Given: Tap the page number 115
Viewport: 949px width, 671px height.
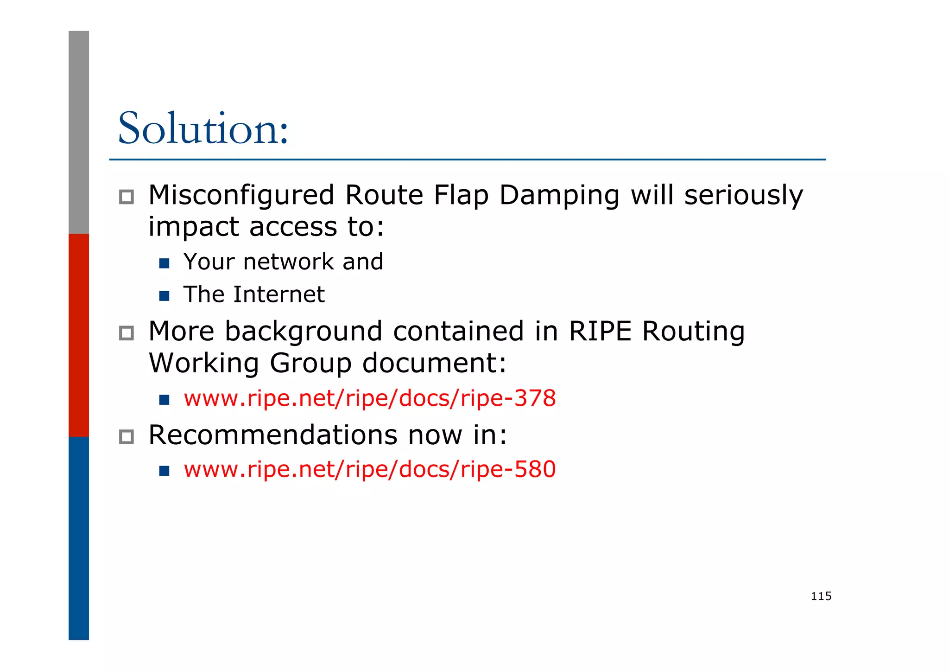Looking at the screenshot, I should (x=821, y=596).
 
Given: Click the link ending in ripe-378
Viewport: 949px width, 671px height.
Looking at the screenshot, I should (x=369, y=398).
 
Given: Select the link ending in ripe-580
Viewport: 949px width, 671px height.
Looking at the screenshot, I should (x=369, y=469).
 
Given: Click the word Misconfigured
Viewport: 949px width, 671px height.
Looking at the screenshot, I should (x=241, y=195).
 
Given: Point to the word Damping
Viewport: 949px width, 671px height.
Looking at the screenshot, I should (x=559, y=196).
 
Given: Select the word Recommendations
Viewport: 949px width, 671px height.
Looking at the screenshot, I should (x=273, y=435).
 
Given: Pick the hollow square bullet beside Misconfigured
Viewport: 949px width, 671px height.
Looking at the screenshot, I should (x=126, y=197).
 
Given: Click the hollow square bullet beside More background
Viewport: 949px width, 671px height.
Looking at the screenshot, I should (x=126, y=333).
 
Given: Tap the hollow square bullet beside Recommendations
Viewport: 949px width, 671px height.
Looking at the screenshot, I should (x=126, y=437).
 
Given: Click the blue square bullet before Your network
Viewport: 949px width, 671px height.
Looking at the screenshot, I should (x=164, y=263).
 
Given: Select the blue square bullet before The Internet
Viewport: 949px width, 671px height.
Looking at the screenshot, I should (x=164, y=296).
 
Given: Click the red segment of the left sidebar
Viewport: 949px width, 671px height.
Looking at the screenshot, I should (x=79, y=335).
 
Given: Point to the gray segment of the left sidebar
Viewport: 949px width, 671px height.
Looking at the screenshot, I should (x=79, y=132).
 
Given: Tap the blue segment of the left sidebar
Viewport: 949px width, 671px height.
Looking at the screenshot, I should (x=79, y=538).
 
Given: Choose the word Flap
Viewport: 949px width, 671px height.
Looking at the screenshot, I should (x=461, y=196).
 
